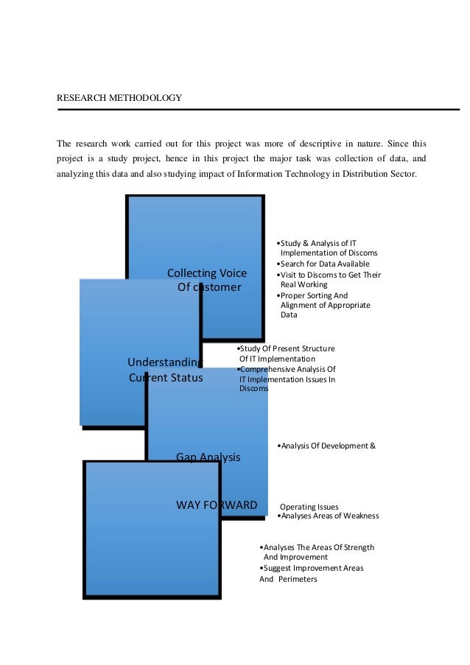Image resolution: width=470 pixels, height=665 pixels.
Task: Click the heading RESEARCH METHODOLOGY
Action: tap(119, 97)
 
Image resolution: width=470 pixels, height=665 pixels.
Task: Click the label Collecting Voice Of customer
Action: tap(207, 280)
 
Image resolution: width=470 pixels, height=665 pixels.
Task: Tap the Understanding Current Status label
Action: tap(165, 370)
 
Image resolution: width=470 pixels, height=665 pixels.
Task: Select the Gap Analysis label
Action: tap(208, 457)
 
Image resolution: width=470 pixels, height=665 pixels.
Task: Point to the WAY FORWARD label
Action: tap(217, 504)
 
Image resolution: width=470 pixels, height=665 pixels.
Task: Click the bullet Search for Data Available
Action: tap(322, 264)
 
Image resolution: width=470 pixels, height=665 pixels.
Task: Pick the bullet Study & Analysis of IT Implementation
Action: tap(325, 247)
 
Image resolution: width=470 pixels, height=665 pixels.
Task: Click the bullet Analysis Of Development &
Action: tap(326, 446)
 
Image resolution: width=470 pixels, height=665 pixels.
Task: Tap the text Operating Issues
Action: tap(309, 507)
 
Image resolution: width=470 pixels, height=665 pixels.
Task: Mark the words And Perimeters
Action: tap(288, 580)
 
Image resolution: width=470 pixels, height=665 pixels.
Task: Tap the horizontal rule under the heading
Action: tap(258, 110)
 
